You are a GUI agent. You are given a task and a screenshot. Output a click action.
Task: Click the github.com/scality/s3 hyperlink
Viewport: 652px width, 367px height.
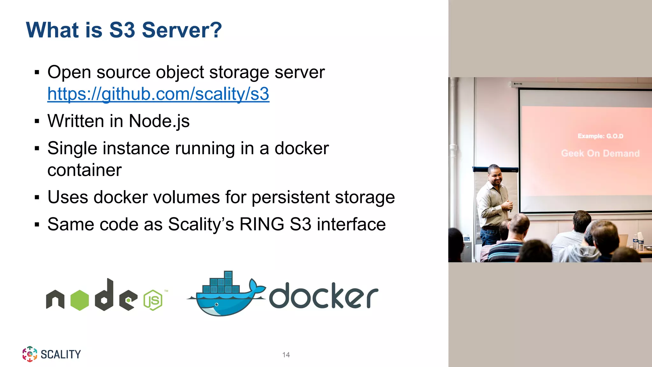tap(158, 94)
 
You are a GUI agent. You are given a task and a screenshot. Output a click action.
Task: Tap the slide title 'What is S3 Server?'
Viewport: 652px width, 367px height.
tap(124, 30)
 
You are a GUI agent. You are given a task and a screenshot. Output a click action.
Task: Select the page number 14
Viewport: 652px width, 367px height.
tap(286, 355)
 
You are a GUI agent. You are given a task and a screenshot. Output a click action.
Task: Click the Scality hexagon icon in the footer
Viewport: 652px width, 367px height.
tap(30, 354)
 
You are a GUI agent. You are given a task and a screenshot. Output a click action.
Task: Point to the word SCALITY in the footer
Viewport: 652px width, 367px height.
tap(61, 354)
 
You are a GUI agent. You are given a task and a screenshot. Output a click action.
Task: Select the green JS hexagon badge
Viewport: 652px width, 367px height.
tap(153, 300)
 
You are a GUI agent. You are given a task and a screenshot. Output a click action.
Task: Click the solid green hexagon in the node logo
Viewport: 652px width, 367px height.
tap(79, 300)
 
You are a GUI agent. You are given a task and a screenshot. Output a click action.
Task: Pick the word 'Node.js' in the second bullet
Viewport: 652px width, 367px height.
tap(159, 121)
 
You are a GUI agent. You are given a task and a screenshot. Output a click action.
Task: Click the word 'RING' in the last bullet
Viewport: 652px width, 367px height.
tap(262, 224)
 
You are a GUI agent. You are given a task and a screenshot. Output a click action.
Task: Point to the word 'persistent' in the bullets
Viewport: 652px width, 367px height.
tap(290, 198)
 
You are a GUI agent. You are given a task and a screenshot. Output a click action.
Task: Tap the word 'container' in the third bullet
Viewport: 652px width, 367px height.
tap(84, 170)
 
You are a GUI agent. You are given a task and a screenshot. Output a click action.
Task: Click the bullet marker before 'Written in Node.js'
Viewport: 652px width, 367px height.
tap(37, 121)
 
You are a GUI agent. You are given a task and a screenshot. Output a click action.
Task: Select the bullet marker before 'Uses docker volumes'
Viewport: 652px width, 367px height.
tap(37, 198)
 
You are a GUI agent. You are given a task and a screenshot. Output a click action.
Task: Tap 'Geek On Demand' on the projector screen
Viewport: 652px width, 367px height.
tap(600, 154)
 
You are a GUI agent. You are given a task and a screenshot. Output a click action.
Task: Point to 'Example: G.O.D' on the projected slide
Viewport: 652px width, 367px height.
tap(600, 136)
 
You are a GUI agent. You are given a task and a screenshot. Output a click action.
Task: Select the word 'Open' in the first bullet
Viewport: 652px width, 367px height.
tap(69, 72)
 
